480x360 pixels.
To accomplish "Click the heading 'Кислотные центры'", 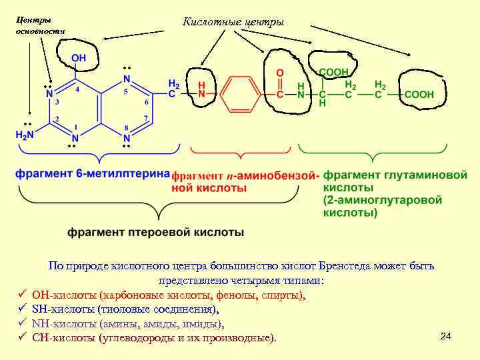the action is (x=233, y=23).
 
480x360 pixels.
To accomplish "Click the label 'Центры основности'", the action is (x=40, y=26).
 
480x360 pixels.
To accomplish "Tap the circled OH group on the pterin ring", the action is (x=78, y=58).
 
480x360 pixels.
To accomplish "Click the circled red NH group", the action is (x=201, y=91).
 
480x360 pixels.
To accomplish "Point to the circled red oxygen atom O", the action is (x=280, y=71).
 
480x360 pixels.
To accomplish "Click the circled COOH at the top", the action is (x=332, y=71).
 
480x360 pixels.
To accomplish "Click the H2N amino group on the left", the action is (x=25, y=135).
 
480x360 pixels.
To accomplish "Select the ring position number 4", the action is (x=77, y=89).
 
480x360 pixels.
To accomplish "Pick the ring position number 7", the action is (x=146, y=118).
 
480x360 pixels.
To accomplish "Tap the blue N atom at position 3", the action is (x=49, y=95).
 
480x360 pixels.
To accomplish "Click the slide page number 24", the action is (x=446, y=336).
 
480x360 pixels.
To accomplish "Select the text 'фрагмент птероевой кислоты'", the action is (x=155, y=233).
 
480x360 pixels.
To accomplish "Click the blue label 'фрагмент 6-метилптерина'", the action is (x=93, y=173).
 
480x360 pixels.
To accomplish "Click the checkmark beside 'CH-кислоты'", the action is (x=22, y=338).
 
